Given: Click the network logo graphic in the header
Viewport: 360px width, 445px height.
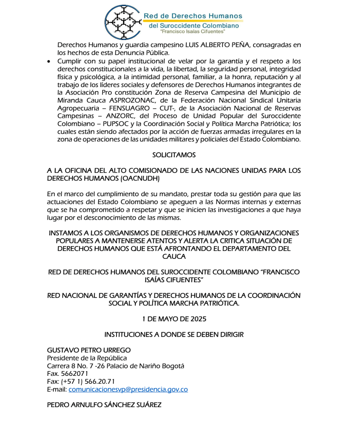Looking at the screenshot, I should (x=125, y=20).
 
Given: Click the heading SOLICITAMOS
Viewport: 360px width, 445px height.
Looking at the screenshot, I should (x=174, y=155).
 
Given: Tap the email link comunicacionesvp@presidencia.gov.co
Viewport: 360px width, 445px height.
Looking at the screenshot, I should (x=128, y=389).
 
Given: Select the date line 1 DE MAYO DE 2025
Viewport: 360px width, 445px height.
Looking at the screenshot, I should (x=174, y=319).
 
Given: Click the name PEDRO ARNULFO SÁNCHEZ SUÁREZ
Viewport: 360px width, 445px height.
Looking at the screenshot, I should (x=104, y=405).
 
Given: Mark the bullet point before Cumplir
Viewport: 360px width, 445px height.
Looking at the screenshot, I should (x=49, y=61).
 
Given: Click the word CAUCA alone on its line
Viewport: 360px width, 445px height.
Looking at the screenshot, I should (x=174, y=256).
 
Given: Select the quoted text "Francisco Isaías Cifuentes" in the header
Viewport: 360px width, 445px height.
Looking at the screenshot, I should (x=193, y=32).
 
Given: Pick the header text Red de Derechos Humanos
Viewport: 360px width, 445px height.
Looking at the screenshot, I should (x=193, y=16).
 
